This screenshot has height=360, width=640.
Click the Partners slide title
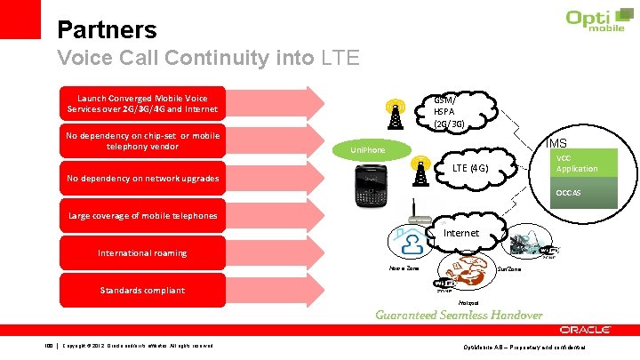(x=107, y=30)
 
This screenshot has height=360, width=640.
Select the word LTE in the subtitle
(x=339, y=60)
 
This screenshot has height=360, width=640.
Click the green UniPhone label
(x=368, y=149)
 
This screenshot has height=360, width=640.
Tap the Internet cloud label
(x=460, y=233)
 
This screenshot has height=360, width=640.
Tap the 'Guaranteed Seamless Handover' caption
(x=459, y=315)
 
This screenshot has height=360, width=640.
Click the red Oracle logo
(x=585, y=330)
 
